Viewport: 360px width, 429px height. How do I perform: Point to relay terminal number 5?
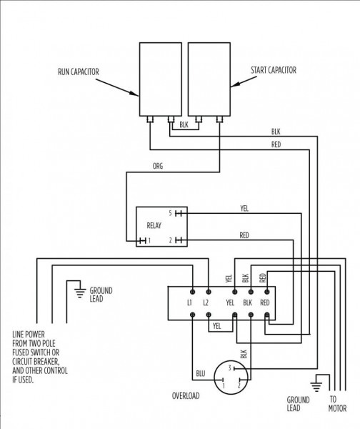tap(170, 213)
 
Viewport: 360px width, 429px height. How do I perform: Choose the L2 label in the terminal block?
tap(207, 303)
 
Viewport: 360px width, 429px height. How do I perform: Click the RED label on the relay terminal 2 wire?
tap(244, 235)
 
